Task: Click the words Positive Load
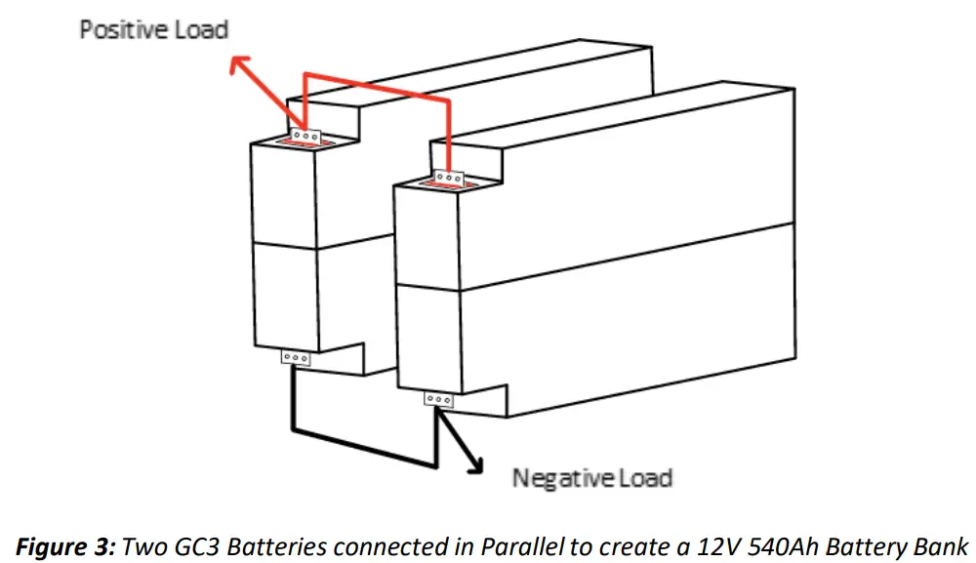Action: [x=153, y=29]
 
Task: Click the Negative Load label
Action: [x=592, y=478]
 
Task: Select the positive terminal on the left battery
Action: [x=306, y=137]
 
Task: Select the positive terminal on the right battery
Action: [x=448, y=178]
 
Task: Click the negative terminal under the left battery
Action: [x=294, y=358]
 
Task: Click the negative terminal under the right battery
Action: [x=438, y=399]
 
